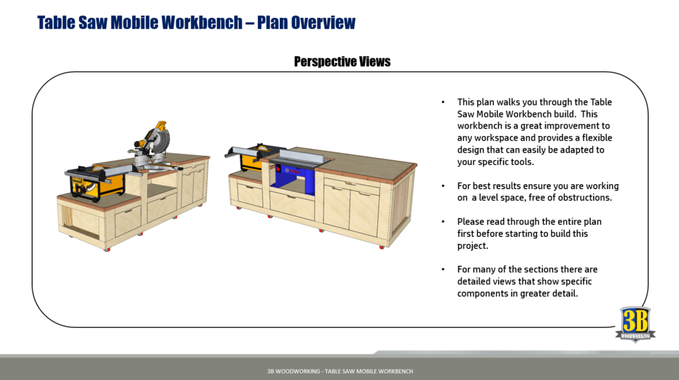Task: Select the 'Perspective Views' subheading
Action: [x=342, y=62]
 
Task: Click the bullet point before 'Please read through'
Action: [x=443, y=222]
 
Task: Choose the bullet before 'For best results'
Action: [x=443, y=186]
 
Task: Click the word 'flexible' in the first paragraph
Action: [x=595, y=138]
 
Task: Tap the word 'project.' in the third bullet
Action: [x=472, y=245]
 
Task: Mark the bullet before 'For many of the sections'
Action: [x=443, y=269]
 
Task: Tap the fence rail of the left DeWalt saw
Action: [x=99, y=174]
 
